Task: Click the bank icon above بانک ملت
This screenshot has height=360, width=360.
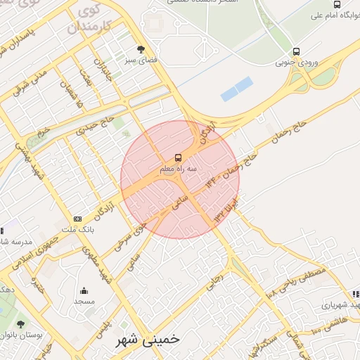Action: click(x=77, y=219)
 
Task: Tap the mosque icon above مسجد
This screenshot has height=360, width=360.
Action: click(x=84, y=290)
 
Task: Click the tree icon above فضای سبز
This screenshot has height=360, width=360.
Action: click(x=141, y=50)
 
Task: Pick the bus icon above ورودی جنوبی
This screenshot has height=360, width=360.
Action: click(x=296, y=51)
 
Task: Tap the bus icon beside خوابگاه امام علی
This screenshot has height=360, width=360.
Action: click(x=337, y=5)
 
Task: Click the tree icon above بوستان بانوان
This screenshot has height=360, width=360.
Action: click(x=20, y=324)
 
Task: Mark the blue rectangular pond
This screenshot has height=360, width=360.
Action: click(x=236, y=89)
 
